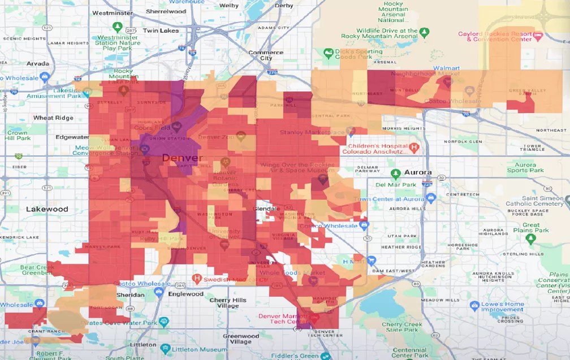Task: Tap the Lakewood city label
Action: pos(47,209)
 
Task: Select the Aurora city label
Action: pos(418,172)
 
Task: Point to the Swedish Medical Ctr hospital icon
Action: pos(197,278)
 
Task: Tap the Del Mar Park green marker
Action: pos(396,173)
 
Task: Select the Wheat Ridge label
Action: pos(53,118)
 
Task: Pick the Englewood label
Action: pos(185,294)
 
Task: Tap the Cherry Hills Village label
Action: pos(228,303)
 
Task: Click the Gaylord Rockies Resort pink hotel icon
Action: pos(538,36)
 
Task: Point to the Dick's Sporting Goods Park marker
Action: pos(328,53)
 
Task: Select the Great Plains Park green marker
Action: pos(530,239)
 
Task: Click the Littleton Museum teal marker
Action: pos(165,348)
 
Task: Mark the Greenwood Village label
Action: pos(241,339)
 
